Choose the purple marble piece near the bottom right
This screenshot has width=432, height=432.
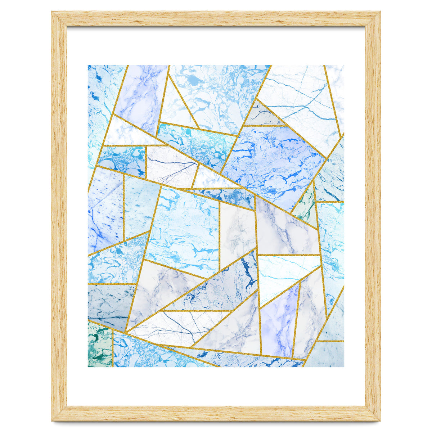tap(279, 320)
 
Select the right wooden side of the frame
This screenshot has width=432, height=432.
tap(373, 216)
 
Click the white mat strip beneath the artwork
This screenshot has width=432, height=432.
tap(216, 385)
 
